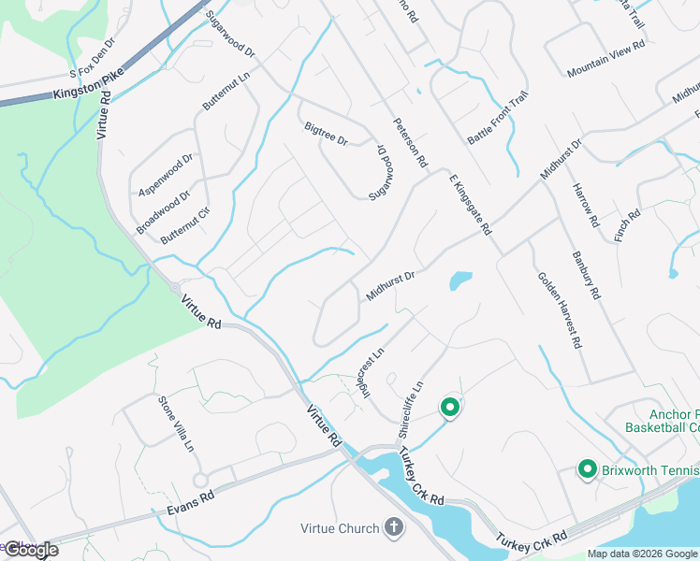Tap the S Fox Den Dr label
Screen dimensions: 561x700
coord(92,59)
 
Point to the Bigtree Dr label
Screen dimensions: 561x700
coord(326,134)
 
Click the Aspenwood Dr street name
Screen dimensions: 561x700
coord(165,170)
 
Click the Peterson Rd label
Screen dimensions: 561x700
coord(410,142)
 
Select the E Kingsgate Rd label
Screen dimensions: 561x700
coord(470,203)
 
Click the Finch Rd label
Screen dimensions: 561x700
coord(627,226)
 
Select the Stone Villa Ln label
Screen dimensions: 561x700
coord(176,423)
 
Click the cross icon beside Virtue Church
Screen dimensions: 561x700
coord(393,528)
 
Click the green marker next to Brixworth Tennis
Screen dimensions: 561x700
coord(588,468)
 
